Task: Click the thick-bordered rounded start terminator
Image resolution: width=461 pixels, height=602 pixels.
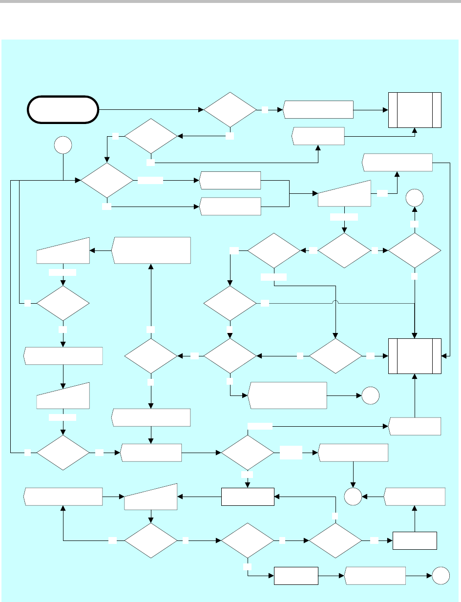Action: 61,110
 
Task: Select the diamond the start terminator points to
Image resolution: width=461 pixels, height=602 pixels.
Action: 230,110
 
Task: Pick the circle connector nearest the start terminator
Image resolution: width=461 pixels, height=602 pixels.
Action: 64,145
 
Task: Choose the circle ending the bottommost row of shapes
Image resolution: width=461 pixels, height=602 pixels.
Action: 441,577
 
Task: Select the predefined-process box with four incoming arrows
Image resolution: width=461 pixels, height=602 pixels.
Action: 415,356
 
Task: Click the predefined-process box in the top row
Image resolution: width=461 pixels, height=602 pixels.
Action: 415,110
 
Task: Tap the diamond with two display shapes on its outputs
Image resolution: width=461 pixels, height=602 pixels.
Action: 107,181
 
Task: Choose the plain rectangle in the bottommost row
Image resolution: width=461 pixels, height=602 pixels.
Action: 296,577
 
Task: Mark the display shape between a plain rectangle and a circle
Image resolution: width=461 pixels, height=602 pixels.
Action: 375,577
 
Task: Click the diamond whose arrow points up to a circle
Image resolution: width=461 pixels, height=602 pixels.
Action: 415,250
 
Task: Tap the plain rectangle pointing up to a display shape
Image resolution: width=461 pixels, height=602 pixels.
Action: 415,540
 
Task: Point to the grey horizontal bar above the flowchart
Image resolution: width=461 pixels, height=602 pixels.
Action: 230,2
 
